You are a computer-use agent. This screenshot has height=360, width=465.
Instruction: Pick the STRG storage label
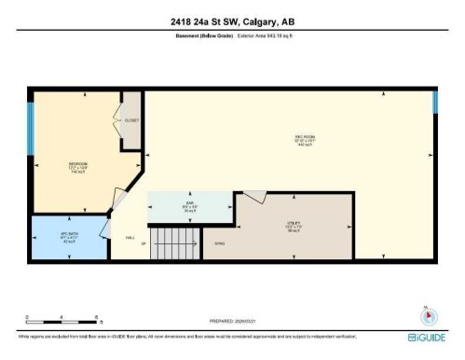[220, 243]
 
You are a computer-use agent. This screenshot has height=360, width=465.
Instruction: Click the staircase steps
[176, 243]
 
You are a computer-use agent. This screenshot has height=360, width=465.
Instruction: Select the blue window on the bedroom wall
[31, 128]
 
